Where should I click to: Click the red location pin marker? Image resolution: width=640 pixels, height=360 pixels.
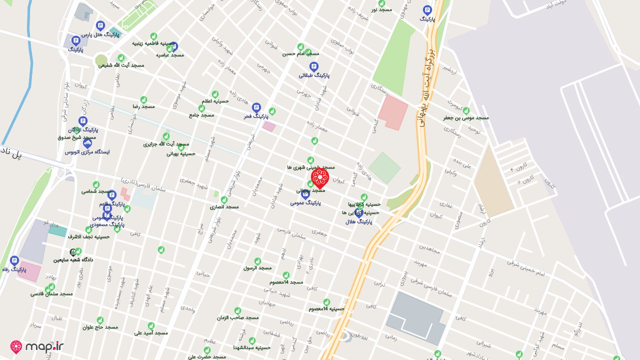(x=319, y=178)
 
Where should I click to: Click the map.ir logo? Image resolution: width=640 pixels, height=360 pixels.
(x=37, y=347)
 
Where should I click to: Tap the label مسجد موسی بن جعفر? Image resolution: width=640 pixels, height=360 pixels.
(x=466, y=118)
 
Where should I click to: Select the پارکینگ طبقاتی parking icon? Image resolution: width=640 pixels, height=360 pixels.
(x=314, y=66)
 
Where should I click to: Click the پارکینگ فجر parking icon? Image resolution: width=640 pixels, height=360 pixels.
(x=256, y=107)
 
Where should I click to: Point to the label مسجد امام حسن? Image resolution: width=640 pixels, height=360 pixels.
(x=300, y=53)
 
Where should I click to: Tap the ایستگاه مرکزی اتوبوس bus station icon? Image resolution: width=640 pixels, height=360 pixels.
(x=87, y=143)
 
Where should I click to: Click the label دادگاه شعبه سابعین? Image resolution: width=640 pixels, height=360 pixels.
(x=73, y=260)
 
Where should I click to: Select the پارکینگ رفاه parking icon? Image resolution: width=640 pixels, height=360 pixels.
(x=14, y=260)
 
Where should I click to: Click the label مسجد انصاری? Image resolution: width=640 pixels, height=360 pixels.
(x=224, y=206)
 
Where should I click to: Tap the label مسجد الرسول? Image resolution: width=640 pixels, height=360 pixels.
(x=257, y=268)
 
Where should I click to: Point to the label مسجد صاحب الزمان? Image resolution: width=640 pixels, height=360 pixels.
(x=237, y=317)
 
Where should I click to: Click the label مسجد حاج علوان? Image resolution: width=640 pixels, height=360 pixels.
(x=100, y=327)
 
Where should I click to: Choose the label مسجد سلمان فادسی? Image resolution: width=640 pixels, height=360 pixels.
(x=51, y=293)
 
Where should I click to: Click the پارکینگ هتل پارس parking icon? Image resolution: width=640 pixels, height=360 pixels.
(x=100, y=25)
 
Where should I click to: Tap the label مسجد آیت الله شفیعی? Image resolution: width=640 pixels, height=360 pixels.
(x=121, y=65)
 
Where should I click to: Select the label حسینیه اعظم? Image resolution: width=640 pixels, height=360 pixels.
(x=215, y=101)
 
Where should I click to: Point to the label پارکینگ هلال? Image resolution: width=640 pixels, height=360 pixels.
(x=358, y=221)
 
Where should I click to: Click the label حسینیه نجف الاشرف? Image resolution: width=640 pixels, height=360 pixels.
(x=90, y=236)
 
